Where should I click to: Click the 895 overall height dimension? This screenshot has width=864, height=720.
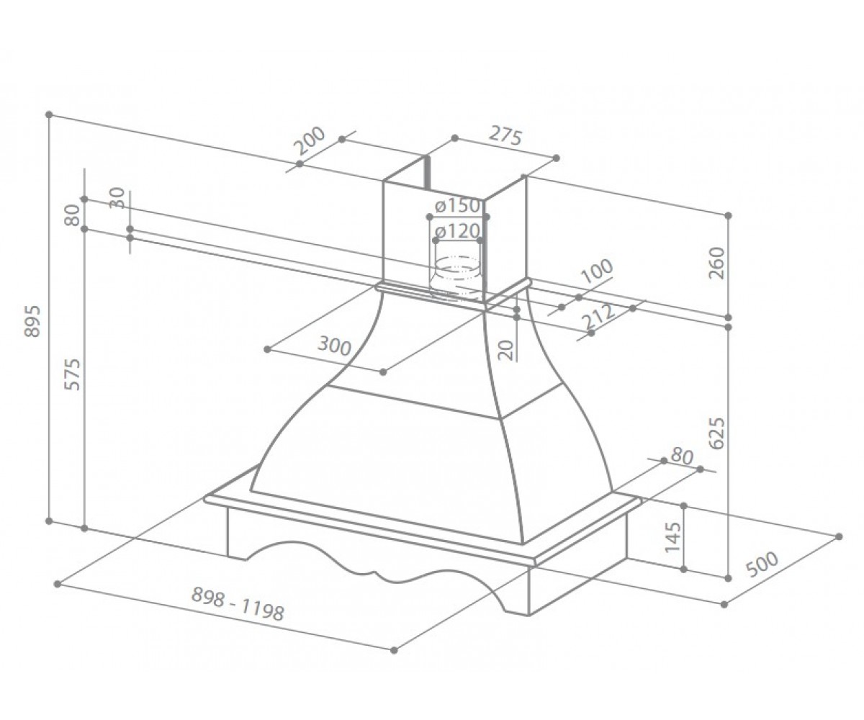click(x=32, y=321)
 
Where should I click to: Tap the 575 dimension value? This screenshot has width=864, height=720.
click(x=73, y=374)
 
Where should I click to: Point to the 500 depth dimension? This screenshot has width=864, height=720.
click(x=762, y=564)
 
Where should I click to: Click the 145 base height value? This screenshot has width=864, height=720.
click(x=672, y=536)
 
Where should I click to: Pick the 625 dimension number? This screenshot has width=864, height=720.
click(x=718, y=433)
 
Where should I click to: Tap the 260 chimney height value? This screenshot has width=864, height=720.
click(x=717, y=264)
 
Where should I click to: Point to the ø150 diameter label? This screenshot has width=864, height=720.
click(x=456, y=206)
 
